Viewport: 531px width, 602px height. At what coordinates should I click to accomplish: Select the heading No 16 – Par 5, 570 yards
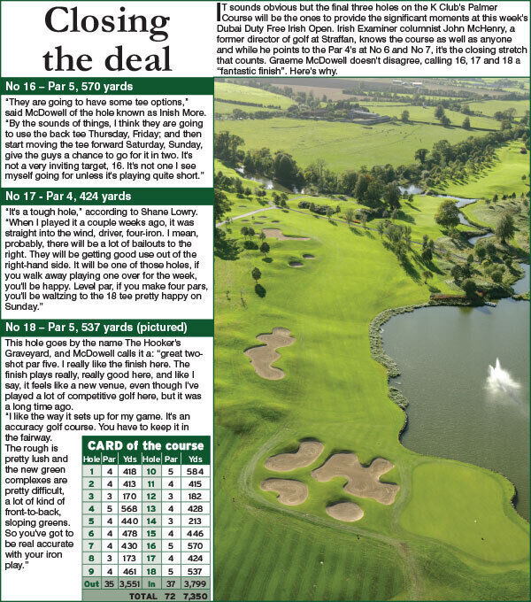tap(69, 87)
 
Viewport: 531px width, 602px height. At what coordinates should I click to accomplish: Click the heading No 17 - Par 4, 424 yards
tap(68, 196)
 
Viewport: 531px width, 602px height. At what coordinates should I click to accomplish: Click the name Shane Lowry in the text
tap(169, 214)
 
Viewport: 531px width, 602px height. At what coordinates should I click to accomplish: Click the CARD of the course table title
tap(142, 445)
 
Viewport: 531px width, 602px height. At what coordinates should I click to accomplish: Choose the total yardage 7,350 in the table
tap(195, 597)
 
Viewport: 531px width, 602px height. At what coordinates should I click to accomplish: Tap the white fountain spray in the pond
tap(503, 380)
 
